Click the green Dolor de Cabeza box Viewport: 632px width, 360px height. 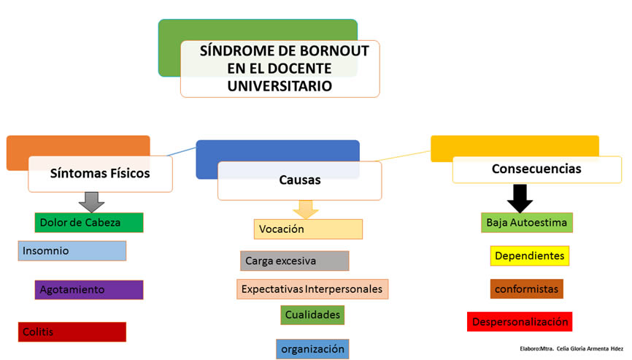pos(89,223)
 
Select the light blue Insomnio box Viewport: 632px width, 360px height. pos(72,250)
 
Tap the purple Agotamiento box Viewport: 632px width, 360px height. pos(89,290)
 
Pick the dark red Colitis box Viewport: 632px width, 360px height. pos(72,332)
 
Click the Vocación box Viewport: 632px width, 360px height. pos(309,229)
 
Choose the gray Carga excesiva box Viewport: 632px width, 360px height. pos(295,261)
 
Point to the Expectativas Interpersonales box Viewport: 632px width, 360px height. pos(312,289)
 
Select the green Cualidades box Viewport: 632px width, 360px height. pos(312,315)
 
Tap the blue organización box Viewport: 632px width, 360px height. pos(312,349)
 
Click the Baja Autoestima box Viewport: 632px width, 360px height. pos(527,223)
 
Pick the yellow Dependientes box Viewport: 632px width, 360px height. pos(530,256)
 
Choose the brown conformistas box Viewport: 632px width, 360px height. pos(527,289)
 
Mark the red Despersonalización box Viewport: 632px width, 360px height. pos(520,322)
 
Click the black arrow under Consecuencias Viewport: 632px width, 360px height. pos(520,199)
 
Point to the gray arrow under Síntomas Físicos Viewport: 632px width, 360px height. pos(91,202)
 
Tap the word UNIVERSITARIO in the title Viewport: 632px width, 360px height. pos(280,86)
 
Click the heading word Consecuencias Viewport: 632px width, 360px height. pos(536,169)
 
